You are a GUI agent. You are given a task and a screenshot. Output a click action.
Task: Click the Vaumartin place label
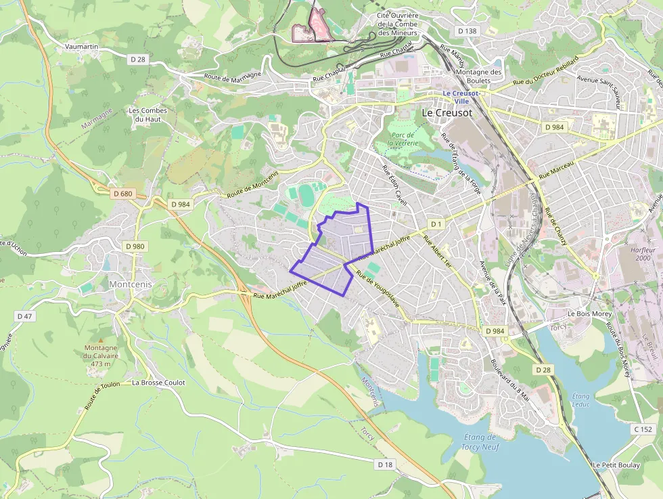pyautogui.click(x=82, y=47)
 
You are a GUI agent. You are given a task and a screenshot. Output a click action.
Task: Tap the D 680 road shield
pyautogui.click(x=123, y=194)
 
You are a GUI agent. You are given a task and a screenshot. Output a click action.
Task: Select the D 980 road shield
pyautogui.click(x=135, y=246)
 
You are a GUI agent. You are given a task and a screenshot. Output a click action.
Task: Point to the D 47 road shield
pyautogui.click(x=24, y=316)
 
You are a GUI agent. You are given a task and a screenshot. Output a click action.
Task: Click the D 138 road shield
pyautogui.click(x=467, y=31)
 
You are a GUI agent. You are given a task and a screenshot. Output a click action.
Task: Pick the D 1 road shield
pyautogui.click(x=436, y=223)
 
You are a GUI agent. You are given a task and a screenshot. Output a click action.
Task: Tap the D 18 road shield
pyautogui.click(x=385, y=464)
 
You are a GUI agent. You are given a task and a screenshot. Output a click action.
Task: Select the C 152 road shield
pyautogui.click(x=643, y=429)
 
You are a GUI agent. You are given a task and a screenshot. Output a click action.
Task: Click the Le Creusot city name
pyautogui.click(x=447, y=113)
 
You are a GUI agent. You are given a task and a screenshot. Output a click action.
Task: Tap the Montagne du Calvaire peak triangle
pyautogui.click(x=101, y=341)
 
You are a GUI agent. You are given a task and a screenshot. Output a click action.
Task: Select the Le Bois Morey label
pyautogui.click(x=589, y=314)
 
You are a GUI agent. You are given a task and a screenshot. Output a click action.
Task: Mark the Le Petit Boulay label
pyautogui.click(x=616, y=465)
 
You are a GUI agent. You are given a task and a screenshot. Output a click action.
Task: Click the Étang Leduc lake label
pyautogui.click(x=580, y=400)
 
